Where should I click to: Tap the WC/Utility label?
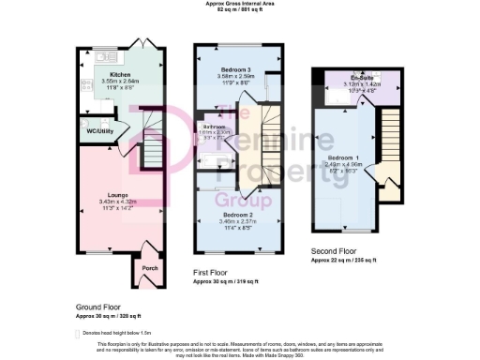(101, 131)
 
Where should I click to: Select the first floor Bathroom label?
(214, 126)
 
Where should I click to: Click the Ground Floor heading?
(98, 307)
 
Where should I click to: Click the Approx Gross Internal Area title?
(239, 4)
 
